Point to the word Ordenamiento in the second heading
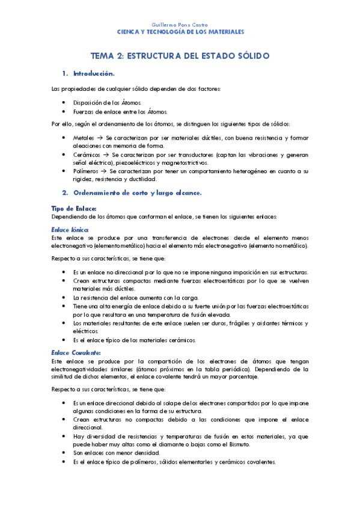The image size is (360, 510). (x=97, y=193)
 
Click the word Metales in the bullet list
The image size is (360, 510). (x=82, y=138)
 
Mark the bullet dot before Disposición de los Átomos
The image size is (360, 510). (x=64, y=103)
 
